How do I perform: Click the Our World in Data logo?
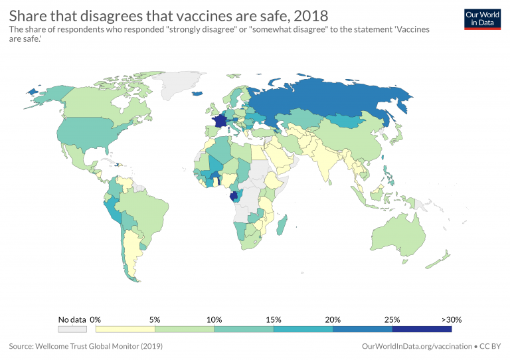pyautogui.click(x=481, y=19)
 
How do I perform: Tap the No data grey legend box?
pyautogui.click(x=72, y=328)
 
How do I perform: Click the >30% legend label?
pyautogui.click(x=452, y=319)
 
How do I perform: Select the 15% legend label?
pyautogui.click(x=274, y=319)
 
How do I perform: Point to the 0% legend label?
pyautogui.click(x=95, y=319)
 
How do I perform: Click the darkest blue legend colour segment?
pyautogui.click(x=422, y=328)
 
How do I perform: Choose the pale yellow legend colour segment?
pyautogui.click(x=126, y=328)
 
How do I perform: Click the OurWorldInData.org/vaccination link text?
pyautogui.click(x=415, y=346)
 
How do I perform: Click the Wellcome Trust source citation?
pyautogui.click(x=86, y=346)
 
